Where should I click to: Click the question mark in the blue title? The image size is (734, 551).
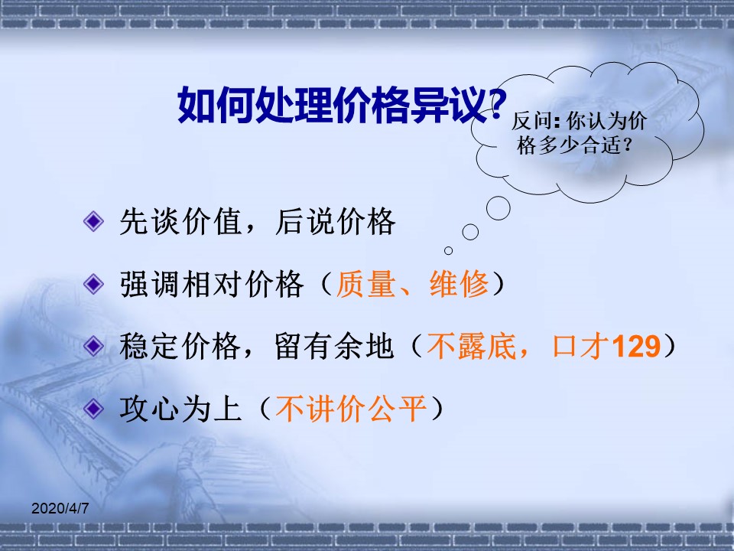click(x=497, y=105)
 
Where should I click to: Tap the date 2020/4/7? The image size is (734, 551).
click(x=60, y=508)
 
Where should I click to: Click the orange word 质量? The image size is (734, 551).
click(x=365, y=284)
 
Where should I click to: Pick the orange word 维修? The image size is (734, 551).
click(x=459, y=284)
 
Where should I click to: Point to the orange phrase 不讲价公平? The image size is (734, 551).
click(x=351, y=409)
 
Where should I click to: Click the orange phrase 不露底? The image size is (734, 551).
click(x=472, y=346)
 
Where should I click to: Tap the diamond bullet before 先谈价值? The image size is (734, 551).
click(x=93, y=220)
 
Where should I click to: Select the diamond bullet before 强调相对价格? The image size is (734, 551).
click(x=93, y=283)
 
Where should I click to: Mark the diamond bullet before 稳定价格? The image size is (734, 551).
click(x=93, y=346)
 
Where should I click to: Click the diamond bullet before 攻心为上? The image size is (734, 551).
click(x=93, y=409)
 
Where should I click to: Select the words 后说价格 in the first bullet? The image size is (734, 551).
click(x=335, y=221)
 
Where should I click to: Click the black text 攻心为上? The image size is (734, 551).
click(x=180, y=409)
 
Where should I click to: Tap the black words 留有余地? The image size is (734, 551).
click(x=334, y=346)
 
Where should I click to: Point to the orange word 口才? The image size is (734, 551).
click(x=581, y=346)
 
